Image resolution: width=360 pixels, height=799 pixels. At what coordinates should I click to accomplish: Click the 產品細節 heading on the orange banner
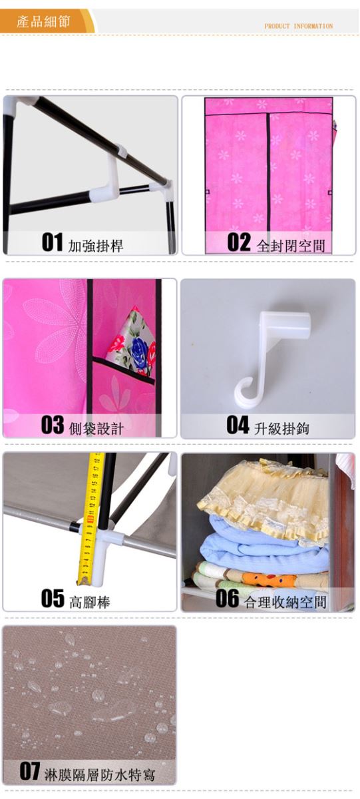[43, 22]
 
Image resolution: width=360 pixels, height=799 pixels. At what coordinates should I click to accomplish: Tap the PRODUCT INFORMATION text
[298, 26]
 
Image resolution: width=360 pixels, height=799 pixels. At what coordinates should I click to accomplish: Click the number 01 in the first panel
[52, 242]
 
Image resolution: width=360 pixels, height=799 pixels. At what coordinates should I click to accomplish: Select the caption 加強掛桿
[96, 246]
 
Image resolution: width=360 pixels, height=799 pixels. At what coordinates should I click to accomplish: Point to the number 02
[239, 242]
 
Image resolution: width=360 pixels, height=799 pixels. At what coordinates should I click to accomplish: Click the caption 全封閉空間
[291, 246]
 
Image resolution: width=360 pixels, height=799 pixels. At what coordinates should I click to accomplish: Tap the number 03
[53, 425]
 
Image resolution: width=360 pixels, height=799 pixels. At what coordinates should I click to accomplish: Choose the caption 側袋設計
[96, 428]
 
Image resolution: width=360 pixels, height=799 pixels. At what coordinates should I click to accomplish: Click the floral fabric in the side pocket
[132, 342]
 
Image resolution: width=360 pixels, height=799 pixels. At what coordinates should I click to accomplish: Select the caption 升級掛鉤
[281, 428]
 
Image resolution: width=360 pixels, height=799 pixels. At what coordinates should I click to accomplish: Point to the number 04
[238, 425]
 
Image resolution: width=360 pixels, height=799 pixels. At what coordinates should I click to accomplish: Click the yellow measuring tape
[90, 519]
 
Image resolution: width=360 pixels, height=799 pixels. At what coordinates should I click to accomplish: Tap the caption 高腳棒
[89, 602]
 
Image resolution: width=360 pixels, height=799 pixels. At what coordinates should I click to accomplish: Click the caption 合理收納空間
[285, 602]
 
